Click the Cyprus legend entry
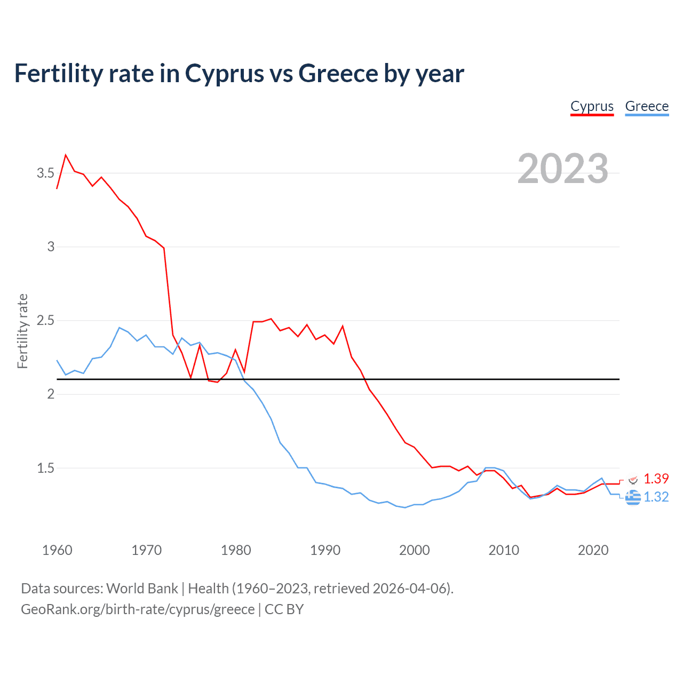tap(592, 106)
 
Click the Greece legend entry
tap(647, 106)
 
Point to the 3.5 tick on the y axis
tap(45, 173)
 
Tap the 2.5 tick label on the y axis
tap(45, 321)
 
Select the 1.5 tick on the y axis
tap(45, 468)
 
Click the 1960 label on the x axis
tap(57, 550)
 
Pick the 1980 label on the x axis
tap(236, 550)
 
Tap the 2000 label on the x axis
tap(415, 550)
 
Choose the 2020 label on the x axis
tap(593, 550)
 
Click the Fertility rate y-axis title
tap(22, 331)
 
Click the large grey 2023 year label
tap(563, 169)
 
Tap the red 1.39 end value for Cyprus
tap(656, 479)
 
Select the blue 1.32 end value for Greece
tap(656, 497)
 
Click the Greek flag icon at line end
tap(633, 497)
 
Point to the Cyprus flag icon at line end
tap(633, 480)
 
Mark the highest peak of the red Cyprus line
tap(66, 155)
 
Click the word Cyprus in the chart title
tap(224, 73)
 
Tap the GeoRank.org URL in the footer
tap(138, 609)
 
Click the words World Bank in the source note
tap(142, 589)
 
